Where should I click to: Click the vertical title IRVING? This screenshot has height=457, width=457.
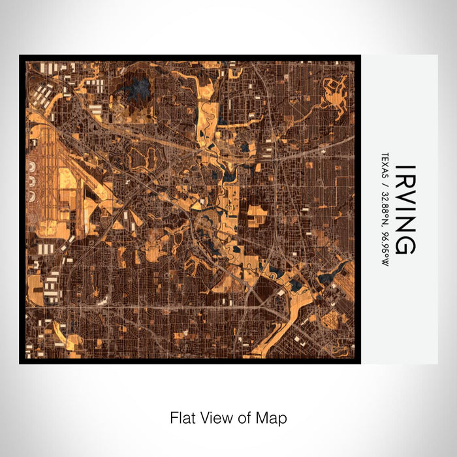[402, 209]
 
